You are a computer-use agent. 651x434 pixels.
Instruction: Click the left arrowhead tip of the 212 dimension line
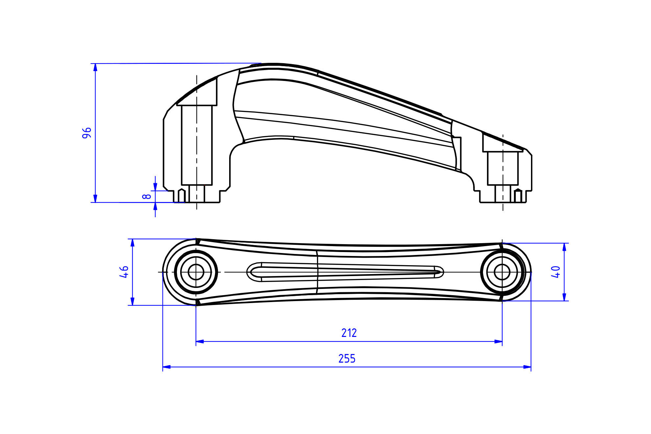[x=196, y=342]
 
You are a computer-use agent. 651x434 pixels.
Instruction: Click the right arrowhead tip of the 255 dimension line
[x=531, y=367]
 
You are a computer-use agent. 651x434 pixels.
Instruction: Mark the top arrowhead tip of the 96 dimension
[x=95, y=64]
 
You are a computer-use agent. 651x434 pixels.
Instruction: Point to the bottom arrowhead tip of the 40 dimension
[x=564, y=301]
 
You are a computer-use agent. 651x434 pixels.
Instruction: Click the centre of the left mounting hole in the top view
[x=196, y=272]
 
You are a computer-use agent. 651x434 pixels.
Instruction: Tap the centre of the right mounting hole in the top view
[x=502, y=272]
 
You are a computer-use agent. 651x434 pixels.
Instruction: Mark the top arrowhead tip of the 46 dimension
[x=133, y=239]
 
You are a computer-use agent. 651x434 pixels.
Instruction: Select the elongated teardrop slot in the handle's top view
[x=345, y=272]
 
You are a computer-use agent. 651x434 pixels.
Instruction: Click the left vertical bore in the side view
[x=197, y=145]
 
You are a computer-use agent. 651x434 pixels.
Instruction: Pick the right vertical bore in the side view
[x=503, y=168]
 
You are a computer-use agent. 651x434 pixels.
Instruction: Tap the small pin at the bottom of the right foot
[x=518, y=196]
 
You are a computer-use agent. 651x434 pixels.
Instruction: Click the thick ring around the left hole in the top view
[x=175, y=272]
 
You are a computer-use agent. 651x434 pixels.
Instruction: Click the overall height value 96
[x=87, y=133]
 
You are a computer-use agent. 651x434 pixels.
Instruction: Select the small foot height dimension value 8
[x=147, y=196]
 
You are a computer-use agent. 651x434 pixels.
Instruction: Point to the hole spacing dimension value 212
[x=349, y=333]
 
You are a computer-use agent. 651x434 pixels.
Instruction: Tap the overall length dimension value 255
[x=347, y=358]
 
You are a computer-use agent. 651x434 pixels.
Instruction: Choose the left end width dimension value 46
[x=124, y=272]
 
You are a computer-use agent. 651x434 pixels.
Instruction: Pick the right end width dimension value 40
[x=556, y=272]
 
